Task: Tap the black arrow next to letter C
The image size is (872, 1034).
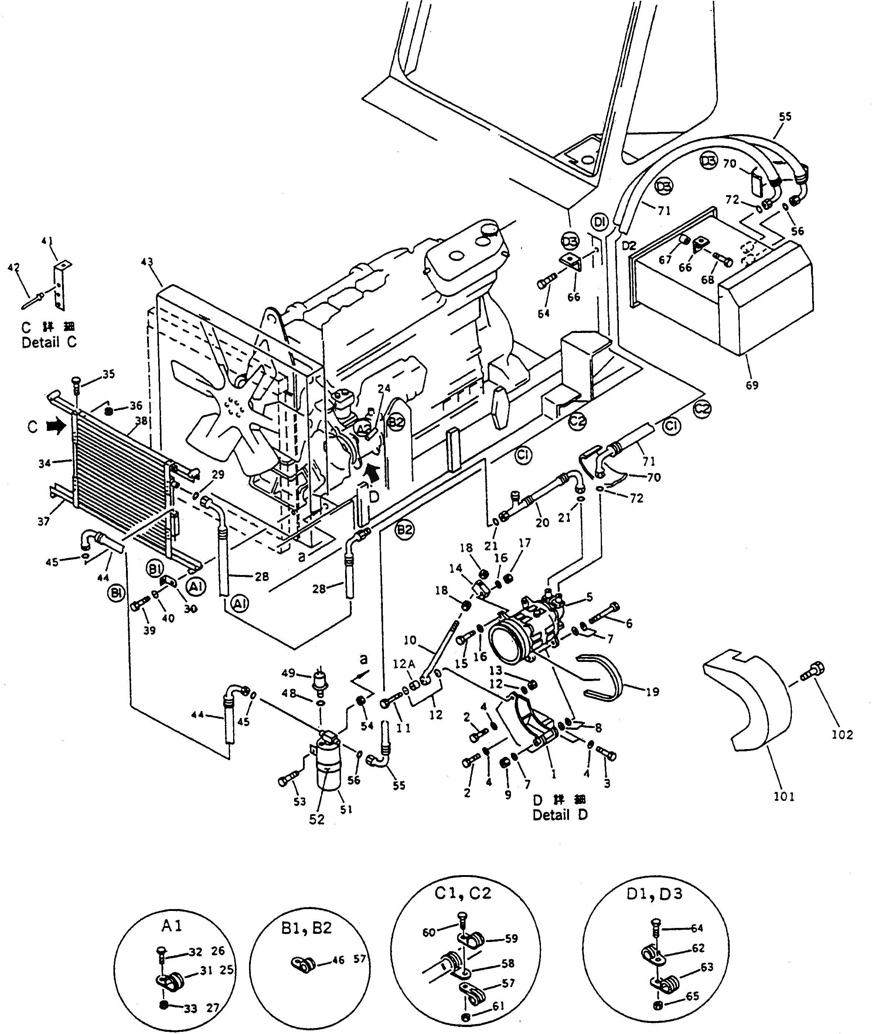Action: pyautogui.click(x=56, y=425)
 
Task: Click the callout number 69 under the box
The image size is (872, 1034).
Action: pyautogui.click(x=752, y=385)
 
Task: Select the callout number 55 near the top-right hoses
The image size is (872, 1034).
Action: pyautogui.click(x=784, y=117)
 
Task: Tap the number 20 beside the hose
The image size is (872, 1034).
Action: pyautogui.click(x=542, y=523)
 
